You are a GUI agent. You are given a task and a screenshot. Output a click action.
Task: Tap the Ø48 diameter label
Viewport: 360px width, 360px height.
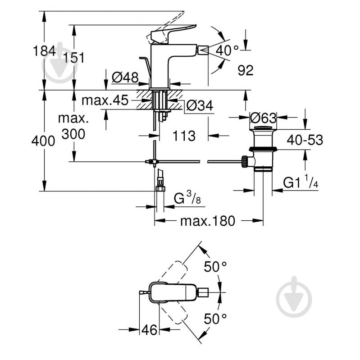tap(124, 78)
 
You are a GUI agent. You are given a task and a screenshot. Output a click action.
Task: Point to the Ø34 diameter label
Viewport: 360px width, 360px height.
tap(199, 105)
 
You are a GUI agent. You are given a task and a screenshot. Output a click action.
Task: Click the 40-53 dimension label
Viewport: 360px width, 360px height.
tap(305, 140)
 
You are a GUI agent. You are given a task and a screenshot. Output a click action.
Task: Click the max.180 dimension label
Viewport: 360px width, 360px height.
tap(208, 221)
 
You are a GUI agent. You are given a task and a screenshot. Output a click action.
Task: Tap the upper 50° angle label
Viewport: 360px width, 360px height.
tap(215, 266)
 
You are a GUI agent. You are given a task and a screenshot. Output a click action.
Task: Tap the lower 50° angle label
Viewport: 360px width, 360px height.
tap(215, 319)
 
